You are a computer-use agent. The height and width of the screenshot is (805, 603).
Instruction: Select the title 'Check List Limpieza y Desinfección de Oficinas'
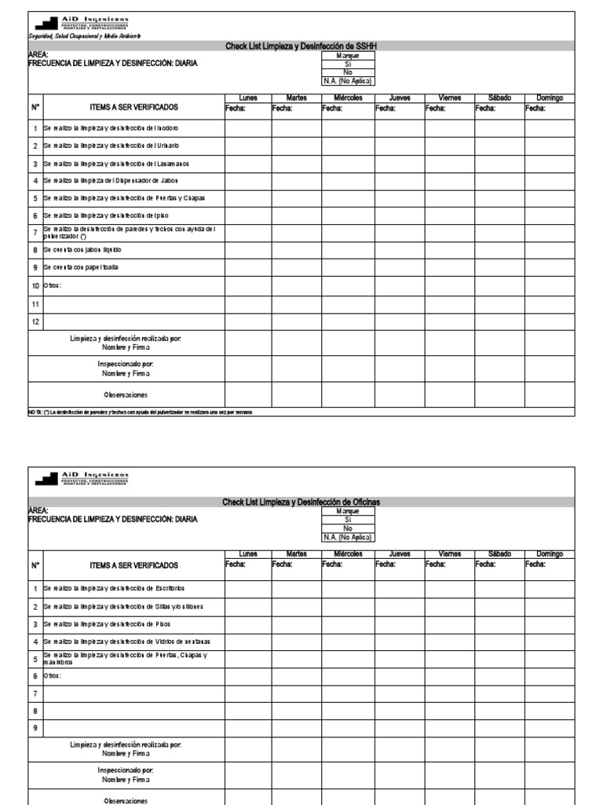click(301, 502)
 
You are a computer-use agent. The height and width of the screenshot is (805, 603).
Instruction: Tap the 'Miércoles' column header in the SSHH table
click(348, 97)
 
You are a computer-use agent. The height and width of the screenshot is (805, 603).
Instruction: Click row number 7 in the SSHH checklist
click(35, 231)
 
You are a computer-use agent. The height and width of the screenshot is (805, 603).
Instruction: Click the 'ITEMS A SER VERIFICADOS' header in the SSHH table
click(133, 106)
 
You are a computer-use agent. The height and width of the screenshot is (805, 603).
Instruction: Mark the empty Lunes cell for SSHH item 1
click(248, 127)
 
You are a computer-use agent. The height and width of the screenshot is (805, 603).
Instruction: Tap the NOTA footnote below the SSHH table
click(141, 412)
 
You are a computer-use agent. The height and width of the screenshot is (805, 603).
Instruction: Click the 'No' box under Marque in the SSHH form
click(348, 72)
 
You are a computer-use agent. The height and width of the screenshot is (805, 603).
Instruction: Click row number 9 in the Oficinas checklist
click(35, 728)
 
